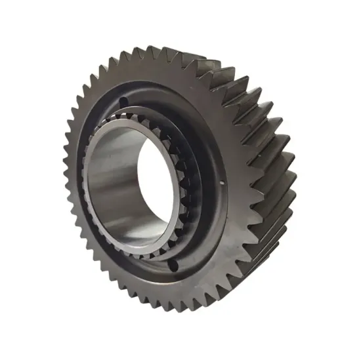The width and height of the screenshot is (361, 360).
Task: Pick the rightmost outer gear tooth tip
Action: pos(295,157)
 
